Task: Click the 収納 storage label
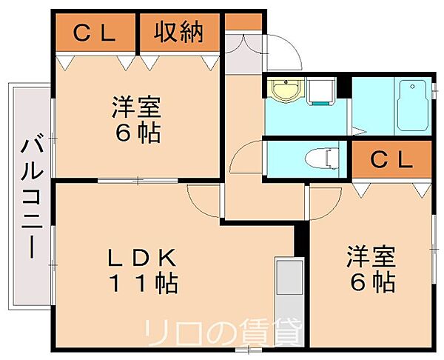[178, 33]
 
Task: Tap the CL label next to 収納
[95, 33]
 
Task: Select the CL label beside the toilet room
[391, 161]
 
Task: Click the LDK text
[141, 257]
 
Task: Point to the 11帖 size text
[144, 283]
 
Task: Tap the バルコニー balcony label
[33, 199]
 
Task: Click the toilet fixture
[322, 159]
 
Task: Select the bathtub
[412, 105]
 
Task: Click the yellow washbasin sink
[286, 90]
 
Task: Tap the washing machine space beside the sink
[321, 91]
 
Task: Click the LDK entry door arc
[198, 205]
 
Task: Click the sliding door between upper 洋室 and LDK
[138, 180]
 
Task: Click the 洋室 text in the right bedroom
[371, 257]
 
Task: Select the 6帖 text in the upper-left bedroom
[138, 133]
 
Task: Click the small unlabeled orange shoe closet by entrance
[243, 21]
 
